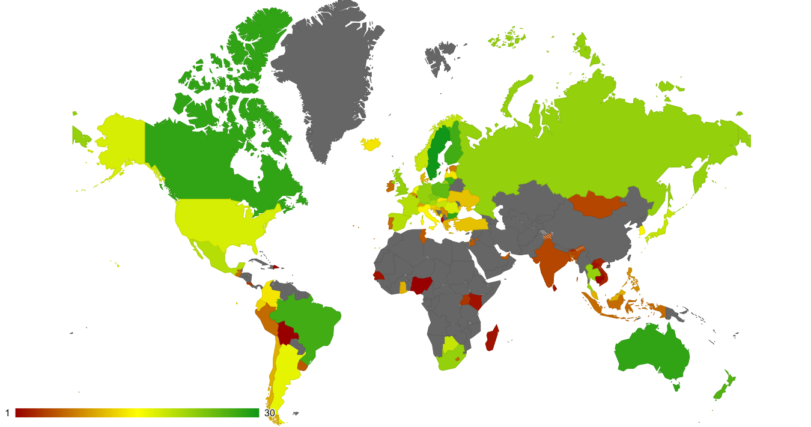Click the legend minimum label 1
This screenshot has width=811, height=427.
(7, 413)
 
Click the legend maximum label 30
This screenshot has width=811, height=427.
(270, 413)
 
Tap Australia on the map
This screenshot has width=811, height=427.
(652, 354)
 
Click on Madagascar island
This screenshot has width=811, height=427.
(492, 338)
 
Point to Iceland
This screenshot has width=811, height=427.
(372, 144)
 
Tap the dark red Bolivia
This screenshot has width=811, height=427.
(287, 332)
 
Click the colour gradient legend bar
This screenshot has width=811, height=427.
(137, 413)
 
